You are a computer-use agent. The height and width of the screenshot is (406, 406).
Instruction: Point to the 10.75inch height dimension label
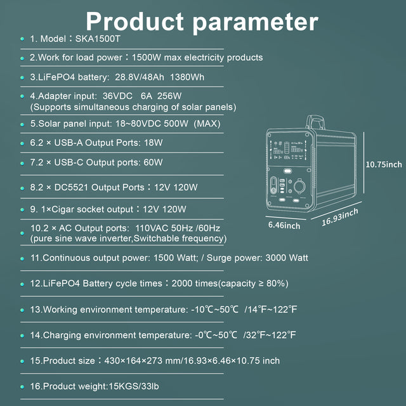coord(384,164)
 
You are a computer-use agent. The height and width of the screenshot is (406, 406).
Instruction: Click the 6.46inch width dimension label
coord(284,225)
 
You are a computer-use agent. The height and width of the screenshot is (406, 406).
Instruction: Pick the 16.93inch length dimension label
coord(340,216)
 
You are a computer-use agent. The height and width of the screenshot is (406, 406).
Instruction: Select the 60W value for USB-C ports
coord(154,162)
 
